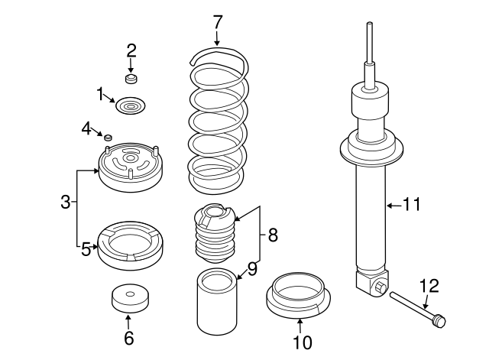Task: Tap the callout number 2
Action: pyautogui.click(x=131, y=51)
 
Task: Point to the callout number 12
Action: pyautogui.click(x=429, y=287)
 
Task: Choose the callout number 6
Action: pyautogui.click(x=128, y=336)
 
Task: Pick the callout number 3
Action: pyautogui.click(x=66, y=203)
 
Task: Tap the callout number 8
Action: pyautogui.click(x=273, y=236)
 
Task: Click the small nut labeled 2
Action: pyautogui.click(x=131, y=78)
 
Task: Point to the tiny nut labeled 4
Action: pyautogui.click(x=108, y=137)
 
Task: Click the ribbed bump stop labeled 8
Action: pyautogui.click(x=215, y=233)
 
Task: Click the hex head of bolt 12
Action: pyautogui.click(x=438, y=321)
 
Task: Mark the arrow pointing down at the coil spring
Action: pyautogui.click(x=218, y=37)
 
